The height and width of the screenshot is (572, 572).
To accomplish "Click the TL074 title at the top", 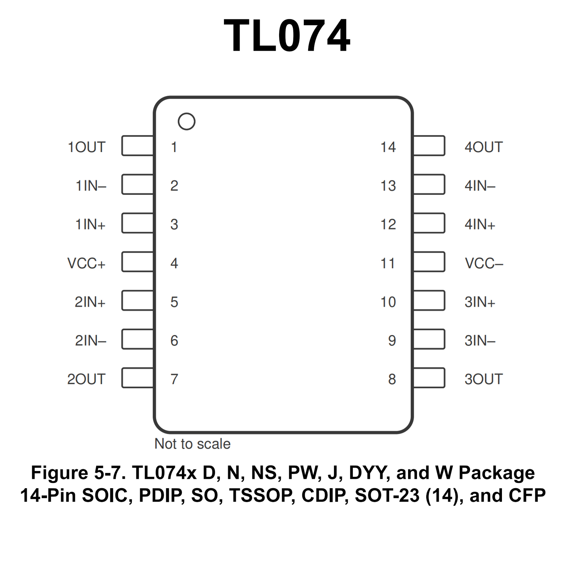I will (286, 36).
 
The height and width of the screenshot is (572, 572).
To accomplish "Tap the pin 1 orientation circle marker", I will (186, 121).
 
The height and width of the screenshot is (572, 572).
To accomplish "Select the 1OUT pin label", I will (86, 147).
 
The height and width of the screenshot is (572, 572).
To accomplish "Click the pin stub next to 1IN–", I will (137, 184).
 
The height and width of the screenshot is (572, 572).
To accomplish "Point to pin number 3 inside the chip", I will (174, 224).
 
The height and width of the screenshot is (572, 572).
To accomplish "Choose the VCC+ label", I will (86, 263).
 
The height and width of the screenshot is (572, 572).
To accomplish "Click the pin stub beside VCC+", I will (137, 262).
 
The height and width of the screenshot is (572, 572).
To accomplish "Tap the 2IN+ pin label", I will (90, 302).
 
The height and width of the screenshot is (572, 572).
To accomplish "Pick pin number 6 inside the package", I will (174, 341).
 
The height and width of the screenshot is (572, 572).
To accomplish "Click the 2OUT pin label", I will (86, 379).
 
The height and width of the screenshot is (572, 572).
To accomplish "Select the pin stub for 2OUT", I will (137, 378).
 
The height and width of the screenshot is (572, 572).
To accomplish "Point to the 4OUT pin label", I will (483, 147).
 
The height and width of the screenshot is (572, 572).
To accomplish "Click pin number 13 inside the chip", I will (388, 186).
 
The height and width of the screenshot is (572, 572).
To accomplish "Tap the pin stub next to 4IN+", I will (429, 223).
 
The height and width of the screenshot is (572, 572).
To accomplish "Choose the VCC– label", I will (484, 263).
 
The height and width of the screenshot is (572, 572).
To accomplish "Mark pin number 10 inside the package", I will (388, 302).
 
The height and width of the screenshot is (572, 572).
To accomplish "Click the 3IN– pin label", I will (480, 341).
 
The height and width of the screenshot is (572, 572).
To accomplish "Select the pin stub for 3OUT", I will (429, 378).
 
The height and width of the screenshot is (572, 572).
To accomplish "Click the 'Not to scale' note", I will (192, 444).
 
